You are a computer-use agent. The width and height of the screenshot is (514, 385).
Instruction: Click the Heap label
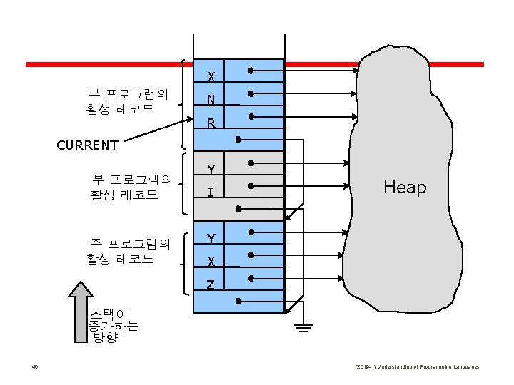pos(405,188)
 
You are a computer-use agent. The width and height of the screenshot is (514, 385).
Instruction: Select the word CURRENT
pos(87,145)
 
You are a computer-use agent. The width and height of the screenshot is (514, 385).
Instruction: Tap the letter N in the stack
pos(211,101)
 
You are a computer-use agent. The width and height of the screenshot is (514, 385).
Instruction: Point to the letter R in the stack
pos(211,124)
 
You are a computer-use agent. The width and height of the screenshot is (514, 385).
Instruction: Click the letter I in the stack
pos(211,192)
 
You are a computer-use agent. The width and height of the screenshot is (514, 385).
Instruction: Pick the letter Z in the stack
pos(211,285)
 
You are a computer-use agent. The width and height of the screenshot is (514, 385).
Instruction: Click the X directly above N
pos(212,77)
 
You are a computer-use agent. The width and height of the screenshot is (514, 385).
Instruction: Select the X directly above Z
pos(212,262)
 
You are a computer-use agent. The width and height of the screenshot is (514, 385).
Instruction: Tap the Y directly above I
pos(211,170)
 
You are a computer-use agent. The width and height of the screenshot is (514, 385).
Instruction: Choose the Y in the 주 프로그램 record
pos(211,238)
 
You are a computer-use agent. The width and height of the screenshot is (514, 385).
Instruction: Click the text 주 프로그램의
pos(129,244)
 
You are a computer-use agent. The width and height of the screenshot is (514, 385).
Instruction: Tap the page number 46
pos(34,366)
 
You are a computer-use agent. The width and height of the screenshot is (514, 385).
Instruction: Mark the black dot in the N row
pos(251,94)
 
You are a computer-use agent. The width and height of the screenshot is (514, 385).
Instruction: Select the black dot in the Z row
pos(251,278)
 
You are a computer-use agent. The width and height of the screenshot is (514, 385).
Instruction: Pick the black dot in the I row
pos(251,186)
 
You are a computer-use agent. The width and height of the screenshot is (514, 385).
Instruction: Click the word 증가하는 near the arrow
pos(113,326)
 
